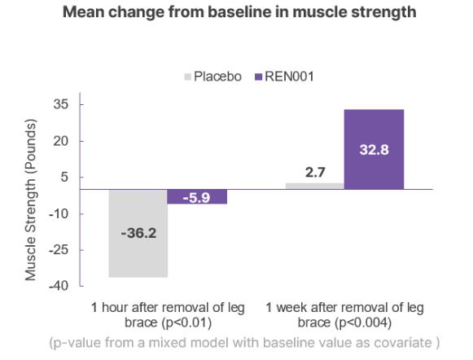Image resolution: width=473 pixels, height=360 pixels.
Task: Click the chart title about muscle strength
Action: click(x=239, y=12)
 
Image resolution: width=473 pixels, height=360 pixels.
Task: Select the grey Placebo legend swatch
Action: click(x=187, y=77)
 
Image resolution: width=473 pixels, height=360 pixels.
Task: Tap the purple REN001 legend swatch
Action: click(x=259, y=77)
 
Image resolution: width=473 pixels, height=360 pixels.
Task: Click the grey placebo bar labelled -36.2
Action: click(x=138, y=233)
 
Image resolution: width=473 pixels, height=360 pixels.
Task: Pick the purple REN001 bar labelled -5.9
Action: click(x=197, y=197)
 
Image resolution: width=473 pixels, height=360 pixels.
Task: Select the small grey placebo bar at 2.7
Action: click(x=314, y=186)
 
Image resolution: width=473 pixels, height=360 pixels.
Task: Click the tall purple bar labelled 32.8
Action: click(x=374, y=149)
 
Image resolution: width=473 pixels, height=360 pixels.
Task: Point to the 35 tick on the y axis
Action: click(x=61, y=104)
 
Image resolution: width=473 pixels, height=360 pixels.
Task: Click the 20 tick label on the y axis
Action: click(x=61, y=141)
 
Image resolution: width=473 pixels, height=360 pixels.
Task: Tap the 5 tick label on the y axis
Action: click(x=64, y=177)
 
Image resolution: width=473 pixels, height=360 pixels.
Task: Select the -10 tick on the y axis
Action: click(x=59, y=213)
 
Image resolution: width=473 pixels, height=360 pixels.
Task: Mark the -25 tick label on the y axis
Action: click(x=59, y=250)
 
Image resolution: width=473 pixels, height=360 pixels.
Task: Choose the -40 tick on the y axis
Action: click(x=59, y=285)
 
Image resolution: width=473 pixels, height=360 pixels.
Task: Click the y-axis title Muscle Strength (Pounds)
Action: click(x=30, y=200)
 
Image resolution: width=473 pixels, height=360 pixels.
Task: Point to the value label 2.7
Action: click(x=315, y=173)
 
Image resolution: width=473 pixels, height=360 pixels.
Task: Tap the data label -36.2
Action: click(x=138, y=233)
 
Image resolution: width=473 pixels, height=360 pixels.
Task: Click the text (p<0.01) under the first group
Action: click(x=186, y=323)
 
